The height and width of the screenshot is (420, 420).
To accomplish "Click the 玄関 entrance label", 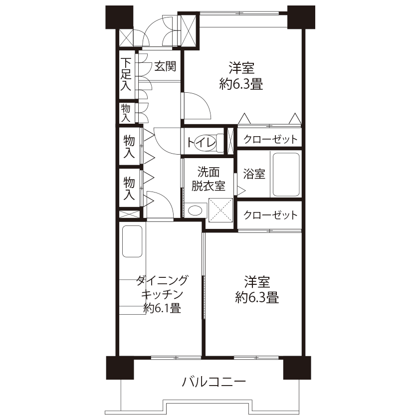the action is coord(165,66).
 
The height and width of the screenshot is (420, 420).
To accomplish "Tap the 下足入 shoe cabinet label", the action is coord(126,74).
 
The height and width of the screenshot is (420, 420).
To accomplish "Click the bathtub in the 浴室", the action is coord(286,175).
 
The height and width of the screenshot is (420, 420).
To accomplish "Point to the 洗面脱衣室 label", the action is coord(209,179).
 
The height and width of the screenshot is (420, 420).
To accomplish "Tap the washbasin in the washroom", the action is coord(195,210).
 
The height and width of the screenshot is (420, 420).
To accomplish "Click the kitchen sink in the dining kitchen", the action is coord(132,241).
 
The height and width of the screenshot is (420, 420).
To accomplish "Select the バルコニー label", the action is coord(213,382).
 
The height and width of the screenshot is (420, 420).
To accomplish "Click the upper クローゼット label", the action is coord(270,139).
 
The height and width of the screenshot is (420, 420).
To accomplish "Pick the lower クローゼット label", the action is coord(270,215).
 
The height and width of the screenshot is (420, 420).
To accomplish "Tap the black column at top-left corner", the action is coord(119,17).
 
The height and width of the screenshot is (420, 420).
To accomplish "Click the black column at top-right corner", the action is coord(301,17).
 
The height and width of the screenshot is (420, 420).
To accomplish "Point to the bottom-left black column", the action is coord(120,368).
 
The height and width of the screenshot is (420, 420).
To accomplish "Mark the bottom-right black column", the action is coord(297,368).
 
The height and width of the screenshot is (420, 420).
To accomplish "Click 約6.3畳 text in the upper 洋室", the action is coord(241,84).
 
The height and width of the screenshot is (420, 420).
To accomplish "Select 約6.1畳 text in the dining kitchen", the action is coord(162,308).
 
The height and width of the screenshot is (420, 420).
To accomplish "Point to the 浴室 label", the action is coord(254,174).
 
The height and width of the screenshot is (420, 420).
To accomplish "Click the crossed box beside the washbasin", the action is coord(220,210).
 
